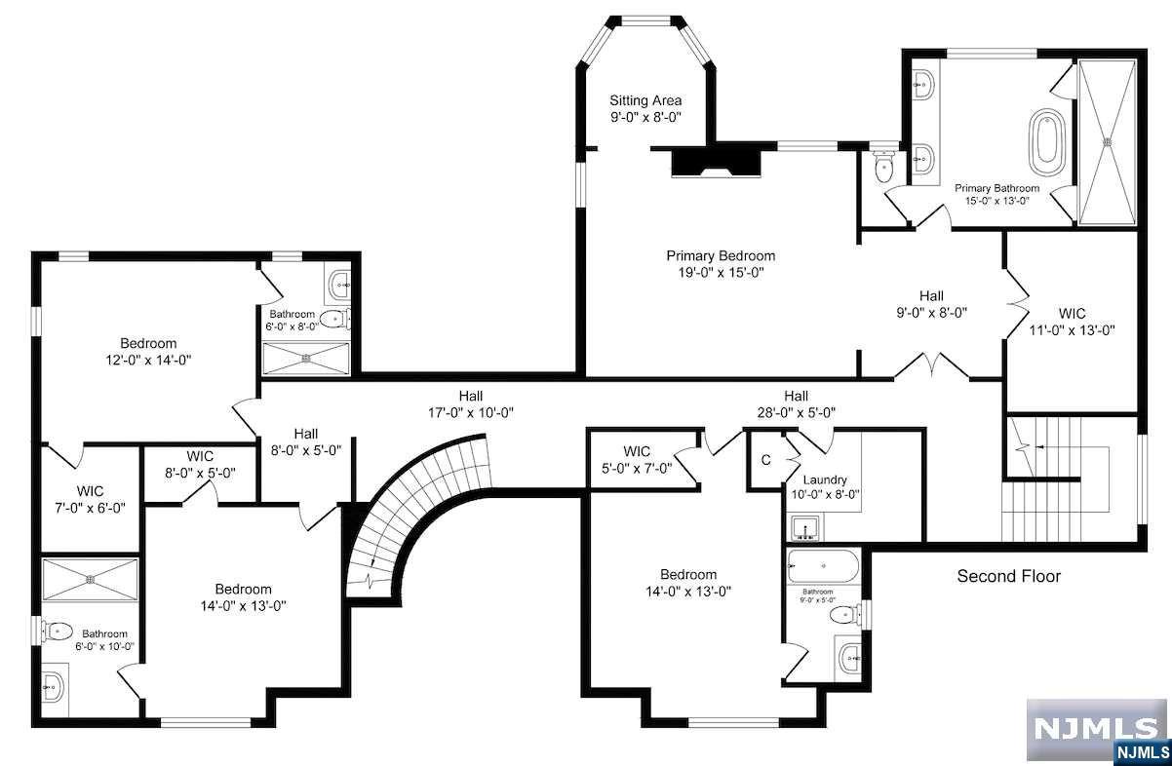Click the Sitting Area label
pyautogui.click(x=645, y=100)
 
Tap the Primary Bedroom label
pyautogui.click(x=721, y=255)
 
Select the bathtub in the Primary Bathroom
pyautogui.click(x=1047, y=142)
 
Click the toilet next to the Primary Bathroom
pyautogui.click(x=884, y=167)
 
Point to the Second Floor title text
pyautogui.click(x=1009, y=576)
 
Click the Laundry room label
pyautogui.click(x=825, y=479)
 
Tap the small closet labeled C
pyautogui.click(x=766, y=460)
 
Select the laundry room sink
pyautogui.click(x=804, y=527)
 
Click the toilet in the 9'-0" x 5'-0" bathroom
pyautogui.click(x=845, y=614)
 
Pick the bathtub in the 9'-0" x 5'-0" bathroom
pyautogui.click(x=824, y=566)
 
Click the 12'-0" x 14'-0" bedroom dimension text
pyautogui.click(x=148, y=361)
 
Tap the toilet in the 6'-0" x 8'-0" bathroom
pyautogui.click(x=334, y=319)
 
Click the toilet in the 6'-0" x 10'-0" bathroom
pyautogui.click(x=57, y=632)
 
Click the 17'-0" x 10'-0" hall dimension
pyautogui.click(x=470, y=413)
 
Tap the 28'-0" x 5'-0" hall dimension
pyautogui.click(x=796, y=413)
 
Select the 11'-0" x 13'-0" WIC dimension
pyautogui.click(x=1073, y=330)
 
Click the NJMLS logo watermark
pyautogui.click(x=1098, y=731)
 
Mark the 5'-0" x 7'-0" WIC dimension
pyautogui.click(x=637, y=469)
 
